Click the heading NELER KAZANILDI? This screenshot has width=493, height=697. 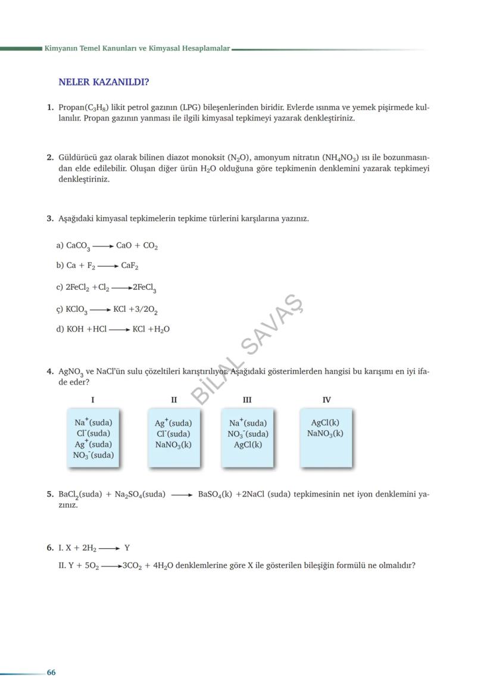[x=104, y=82]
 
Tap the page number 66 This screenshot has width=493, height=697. [x=51, y=672]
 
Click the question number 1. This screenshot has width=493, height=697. [x=50, y=108]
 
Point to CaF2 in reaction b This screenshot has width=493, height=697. [x=130, y=266]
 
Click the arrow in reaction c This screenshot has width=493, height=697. [x=121, y=287]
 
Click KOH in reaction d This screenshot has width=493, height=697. [x=75, y=329]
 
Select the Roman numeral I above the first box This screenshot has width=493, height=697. [x=92, y=400]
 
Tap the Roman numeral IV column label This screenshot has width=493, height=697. [x=326, y=400]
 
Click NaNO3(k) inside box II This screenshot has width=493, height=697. [x=173, y=445]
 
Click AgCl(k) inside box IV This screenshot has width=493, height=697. [x=325, y=423]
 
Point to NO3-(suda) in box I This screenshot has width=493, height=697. [x=93, y=455]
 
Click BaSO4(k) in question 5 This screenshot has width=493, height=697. [x=215, y=494]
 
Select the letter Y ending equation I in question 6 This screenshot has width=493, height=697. [x=127, y=548]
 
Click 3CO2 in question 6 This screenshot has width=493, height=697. [x=131, y=565]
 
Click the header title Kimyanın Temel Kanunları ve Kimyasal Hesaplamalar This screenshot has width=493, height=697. [x=137, y=48]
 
